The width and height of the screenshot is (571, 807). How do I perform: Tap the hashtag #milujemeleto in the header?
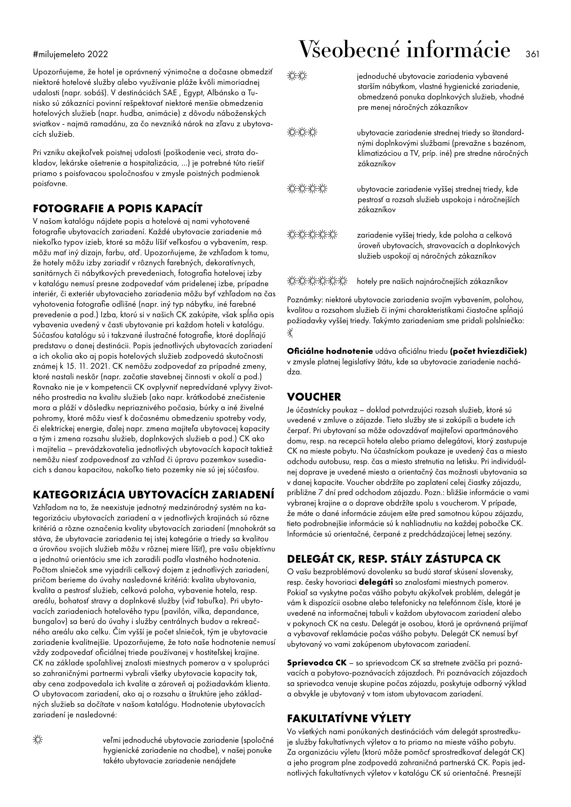coord(60,55)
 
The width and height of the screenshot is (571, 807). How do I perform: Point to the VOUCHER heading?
coord(314,397)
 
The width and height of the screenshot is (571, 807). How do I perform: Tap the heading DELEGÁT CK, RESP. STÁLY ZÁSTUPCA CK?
coord(394,559)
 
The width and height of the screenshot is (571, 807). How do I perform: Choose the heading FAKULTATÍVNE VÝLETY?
coord(349,718)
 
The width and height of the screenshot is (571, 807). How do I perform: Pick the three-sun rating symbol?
coord(302,132)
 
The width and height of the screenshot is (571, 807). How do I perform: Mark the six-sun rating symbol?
coord(317,281)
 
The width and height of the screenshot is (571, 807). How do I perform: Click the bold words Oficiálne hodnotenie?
coord(330,351)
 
